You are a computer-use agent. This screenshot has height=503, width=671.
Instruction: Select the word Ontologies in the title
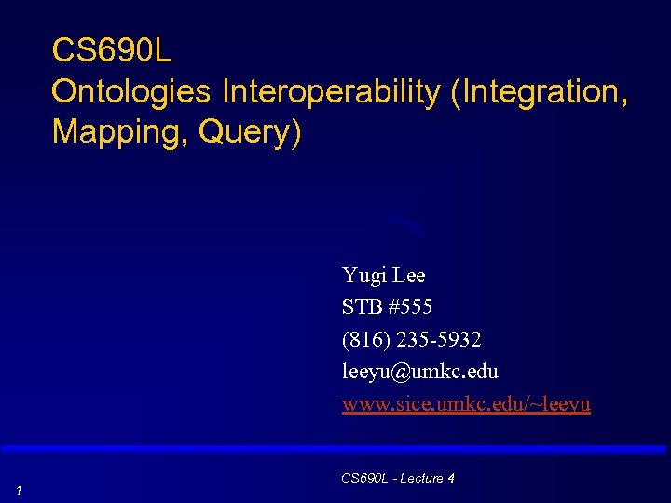tap(132, 91)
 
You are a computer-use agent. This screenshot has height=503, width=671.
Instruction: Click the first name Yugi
tap(363, 276)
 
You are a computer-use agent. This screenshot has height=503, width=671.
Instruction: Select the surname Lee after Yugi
tap(409, 276)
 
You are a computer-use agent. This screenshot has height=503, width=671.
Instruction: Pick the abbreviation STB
tap(362, 306)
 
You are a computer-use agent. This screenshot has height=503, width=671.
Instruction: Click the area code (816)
tap(366, 339)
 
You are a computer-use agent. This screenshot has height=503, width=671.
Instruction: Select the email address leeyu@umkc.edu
tap(420, 372)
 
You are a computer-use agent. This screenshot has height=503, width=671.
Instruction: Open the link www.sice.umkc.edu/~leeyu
tap(466, 404)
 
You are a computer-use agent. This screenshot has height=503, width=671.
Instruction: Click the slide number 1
tap(19, 490)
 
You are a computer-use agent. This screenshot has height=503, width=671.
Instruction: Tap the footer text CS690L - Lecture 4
tap(398, 478)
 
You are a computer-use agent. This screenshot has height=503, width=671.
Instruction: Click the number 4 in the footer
tap(450, 478)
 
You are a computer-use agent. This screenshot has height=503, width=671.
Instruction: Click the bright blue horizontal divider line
tap(335, 449)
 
